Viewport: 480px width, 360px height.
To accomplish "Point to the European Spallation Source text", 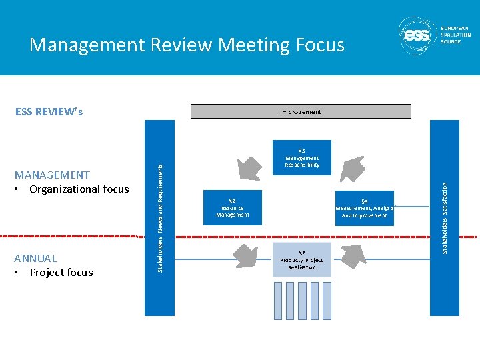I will pyautogui.click(x=455, y=35).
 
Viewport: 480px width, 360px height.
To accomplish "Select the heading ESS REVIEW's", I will pyautogui.click(x=49, y=111).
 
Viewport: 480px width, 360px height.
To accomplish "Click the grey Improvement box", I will pyautogui.click(x=301, y=111).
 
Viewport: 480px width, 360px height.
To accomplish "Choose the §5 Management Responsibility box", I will pyautogui.click(x=302, y=157).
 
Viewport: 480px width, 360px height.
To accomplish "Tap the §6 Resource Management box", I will pyautogui.click(x=233, y=207).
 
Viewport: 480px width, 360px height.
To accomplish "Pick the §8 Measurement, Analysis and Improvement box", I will pyautogui.click(x=365, y=208).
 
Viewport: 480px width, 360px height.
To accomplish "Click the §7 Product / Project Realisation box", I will pyautogui.click(x=301, y=259).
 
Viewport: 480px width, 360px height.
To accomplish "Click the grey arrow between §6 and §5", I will pyautogui.click(x=249, y=163).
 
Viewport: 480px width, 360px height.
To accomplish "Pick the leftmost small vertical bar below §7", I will pyautogui.click(x=279, y=300).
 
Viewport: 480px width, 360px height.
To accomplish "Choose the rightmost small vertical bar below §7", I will pyautogui.click(x=324, y=300).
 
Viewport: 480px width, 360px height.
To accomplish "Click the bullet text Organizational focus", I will pyautogui.click(x=79, y=189).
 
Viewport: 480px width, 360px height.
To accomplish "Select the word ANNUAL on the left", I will pyautogui.click(x=35, y=258).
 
